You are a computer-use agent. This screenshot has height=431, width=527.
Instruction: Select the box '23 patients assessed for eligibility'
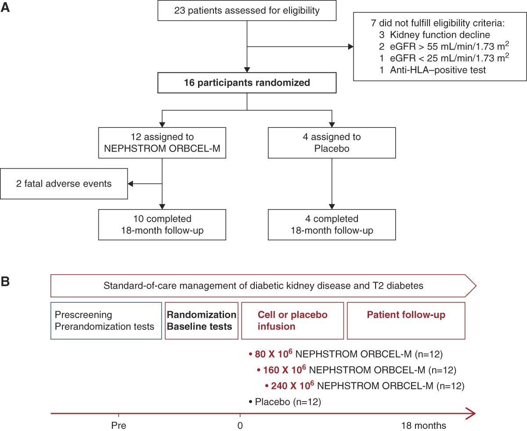247,10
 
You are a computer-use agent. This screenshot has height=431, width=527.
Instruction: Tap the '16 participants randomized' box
247,83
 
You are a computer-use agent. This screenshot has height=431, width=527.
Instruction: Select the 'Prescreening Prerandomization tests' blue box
106,321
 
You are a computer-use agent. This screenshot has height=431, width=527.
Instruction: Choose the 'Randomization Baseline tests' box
202,321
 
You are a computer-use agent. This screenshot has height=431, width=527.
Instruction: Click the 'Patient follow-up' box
406,321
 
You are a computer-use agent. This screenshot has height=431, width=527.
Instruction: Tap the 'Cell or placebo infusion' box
292,321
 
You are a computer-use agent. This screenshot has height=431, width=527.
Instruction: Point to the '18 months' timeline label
423,425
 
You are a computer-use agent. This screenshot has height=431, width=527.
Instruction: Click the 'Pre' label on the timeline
119,425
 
